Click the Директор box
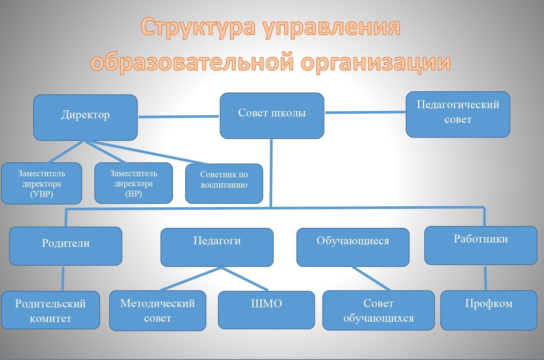click(86, 117)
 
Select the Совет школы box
click(272, 116)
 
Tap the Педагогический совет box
click(458, 114)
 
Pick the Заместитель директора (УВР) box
click(42, 183)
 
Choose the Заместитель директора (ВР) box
click(134, 183)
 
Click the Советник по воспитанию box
click(224, 184)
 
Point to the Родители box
click(66, 246)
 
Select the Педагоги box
click(217, 247)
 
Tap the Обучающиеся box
click(353, 247)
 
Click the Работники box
click(481, 246)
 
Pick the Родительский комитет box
click(50, 310)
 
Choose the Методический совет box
click(158, 311)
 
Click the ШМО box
click(266, 310)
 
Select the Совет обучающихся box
click(379, 311)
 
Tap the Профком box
click(489, 311)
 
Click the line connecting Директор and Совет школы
click(179, 117)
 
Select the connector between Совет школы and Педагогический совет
click(365, 112)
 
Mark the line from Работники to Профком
click(486, 278)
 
